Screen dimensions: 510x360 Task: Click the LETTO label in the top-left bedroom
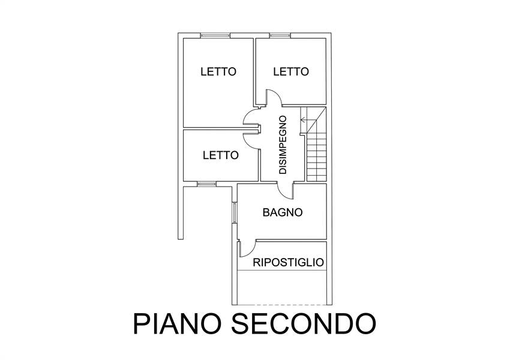click(x=218, y=71)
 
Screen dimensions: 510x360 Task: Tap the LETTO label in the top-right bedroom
click(x=291, y=71)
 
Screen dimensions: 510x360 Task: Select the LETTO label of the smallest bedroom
click(x=221, y=155)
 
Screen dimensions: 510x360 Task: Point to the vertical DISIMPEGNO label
click(x=283, y=145)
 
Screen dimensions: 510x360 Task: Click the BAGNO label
click(x=283, y=212)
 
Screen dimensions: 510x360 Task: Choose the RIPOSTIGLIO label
click(x=289, y=262)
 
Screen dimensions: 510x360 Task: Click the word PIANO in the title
click(x=178, y=323)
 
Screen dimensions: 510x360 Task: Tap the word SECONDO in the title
click(x=304, y=323)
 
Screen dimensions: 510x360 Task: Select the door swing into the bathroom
click(x=286, y=191)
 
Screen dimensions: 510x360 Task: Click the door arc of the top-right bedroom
click(x=273, y=98)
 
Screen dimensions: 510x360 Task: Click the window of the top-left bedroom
click(x=215, y=35)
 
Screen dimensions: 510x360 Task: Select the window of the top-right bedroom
click(x=279, y=35)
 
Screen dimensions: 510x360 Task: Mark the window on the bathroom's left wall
click(x=234, y=213)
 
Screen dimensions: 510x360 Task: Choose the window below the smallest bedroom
click(x=207, y=184)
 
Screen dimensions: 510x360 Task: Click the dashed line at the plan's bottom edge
click(x=281, y=305)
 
